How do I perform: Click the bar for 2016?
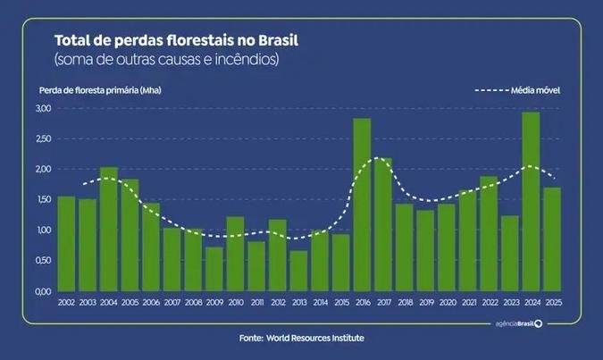362,205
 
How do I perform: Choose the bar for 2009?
214,269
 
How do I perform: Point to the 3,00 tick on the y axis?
43,108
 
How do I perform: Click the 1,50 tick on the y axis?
43,200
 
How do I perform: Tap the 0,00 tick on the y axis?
43,291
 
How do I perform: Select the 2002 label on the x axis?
66,304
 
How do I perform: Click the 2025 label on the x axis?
552,304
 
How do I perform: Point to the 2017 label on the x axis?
383,304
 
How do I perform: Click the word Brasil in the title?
273,41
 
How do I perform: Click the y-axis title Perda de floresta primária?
98,90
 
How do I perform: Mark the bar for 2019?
425,250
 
